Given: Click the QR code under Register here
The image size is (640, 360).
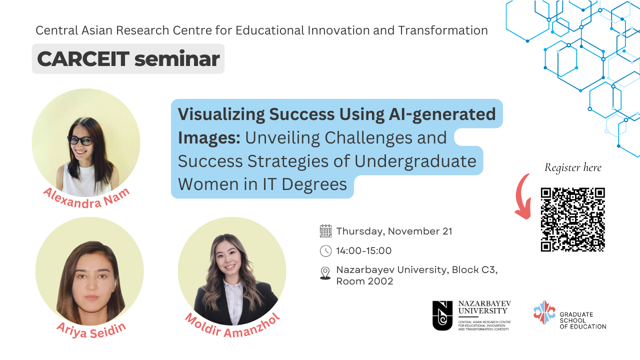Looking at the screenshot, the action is coord(572,219).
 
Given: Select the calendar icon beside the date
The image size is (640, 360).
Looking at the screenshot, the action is coord(325,231).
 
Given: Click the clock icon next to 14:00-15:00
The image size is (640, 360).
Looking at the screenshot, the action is coord(325,251).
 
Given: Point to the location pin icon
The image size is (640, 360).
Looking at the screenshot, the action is coord(325,273).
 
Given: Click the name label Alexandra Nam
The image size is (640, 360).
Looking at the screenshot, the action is coord(86,198).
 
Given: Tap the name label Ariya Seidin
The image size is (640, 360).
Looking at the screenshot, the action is coord(91,330).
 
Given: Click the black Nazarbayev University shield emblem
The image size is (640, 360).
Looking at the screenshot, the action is coord(442,315).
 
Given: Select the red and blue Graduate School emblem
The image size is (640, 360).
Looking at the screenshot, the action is coord(544,312).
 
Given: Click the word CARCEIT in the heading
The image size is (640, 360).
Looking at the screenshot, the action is coord(83,59).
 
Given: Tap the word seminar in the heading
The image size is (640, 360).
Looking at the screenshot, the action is coord(177,59).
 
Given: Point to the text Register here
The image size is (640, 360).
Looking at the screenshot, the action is coord(573,167).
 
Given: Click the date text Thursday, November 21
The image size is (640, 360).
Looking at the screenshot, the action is coord(394,231).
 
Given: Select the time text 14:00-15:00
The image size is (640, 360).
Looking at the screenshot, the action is coord(363,251).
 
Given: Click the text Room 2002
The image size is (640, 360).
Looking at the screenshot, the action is coord(364,281).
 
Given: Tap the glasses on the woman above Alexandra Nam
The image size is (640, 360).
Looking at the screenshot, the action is coord(80,140).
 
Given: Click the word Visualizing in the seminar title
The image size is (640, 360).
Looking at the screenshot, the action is coord(221,115).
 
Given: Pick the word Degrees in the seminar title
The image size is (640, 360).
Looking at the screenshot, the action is coord(314,184).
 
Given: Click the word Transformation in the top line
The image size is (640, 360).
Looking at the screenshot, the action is coord(443,30).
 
